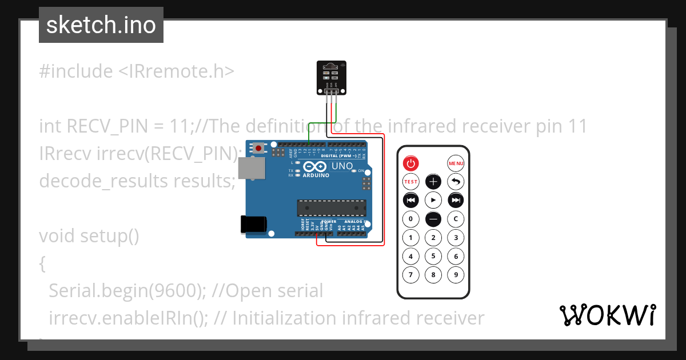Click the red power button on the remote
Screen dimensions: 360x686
pos(411,163)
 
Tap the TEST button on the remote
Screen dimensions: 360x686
pos(411,182)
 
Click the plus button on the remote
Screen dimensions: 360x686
pos(433,182)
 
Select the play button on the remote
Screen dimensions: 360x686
pos(433,200)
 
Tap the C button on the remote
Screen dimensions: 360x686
pos(456,218)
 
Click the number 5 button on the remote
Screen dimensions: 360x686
pos(433,257)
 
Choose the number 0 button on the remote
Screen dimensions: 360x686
pos(411,218)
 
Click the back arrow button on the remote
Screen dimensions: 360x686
pos(456,182)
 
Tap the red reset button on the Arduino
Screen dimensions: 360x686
pos(259,149)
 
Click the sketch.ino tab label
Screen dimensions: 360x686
pos(101,25)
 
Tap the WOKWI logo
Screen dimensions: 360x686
pos(608,315)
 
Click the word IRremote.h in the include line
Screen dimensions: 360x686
pos(176,71)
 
